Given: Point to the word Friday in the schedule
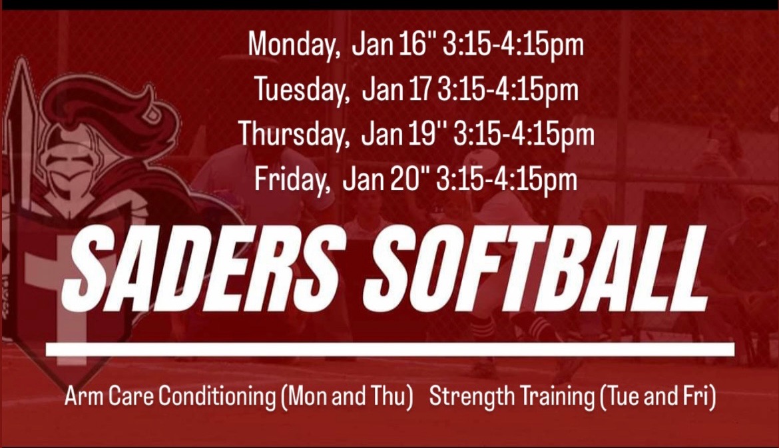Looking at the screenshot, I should pos(292,179).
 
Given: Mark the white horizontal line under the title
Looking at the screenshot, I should pos(389,349).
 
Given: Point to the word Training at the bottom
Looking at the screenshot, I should pos(557,397).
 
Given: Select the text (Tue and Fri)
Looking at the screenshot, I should pos(658,397).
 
